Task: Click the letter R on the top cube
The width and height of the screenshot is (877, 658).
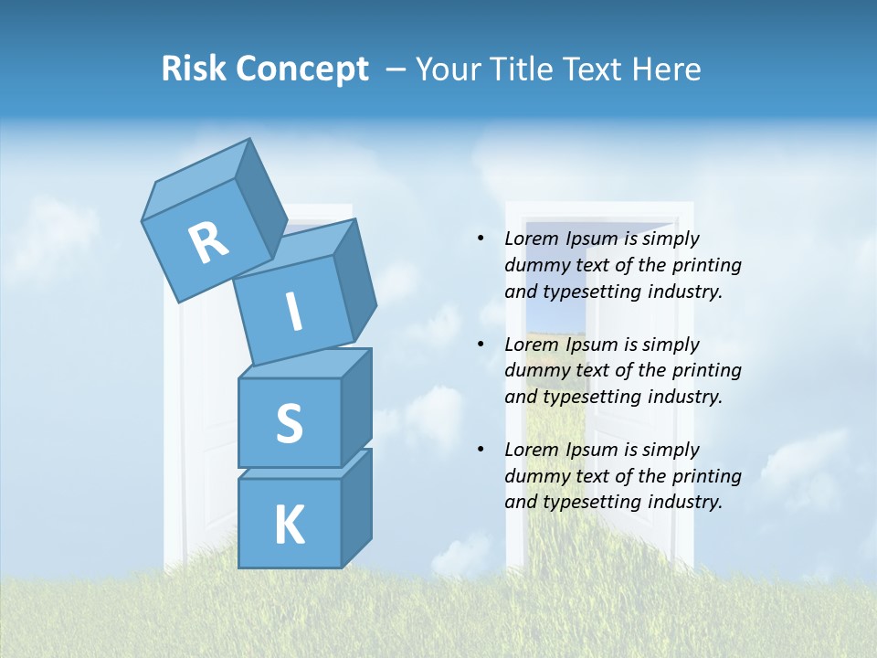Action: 208,243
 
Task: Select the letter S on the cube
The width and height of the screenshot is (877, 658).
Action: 289,423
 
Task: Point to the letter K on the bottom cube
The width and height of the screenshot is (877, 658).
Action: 289,525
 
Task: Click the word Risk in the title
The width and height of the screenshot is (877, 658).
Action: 193,69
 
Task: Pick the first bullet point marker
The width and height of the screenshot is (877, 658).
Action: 481,239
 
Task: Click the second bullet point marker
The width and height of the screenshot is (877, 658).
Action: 481,345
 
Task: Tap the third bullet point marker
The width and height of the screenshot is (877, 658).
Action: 481,450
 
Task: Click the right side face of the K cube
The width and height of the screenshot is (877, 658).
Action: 356,507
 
